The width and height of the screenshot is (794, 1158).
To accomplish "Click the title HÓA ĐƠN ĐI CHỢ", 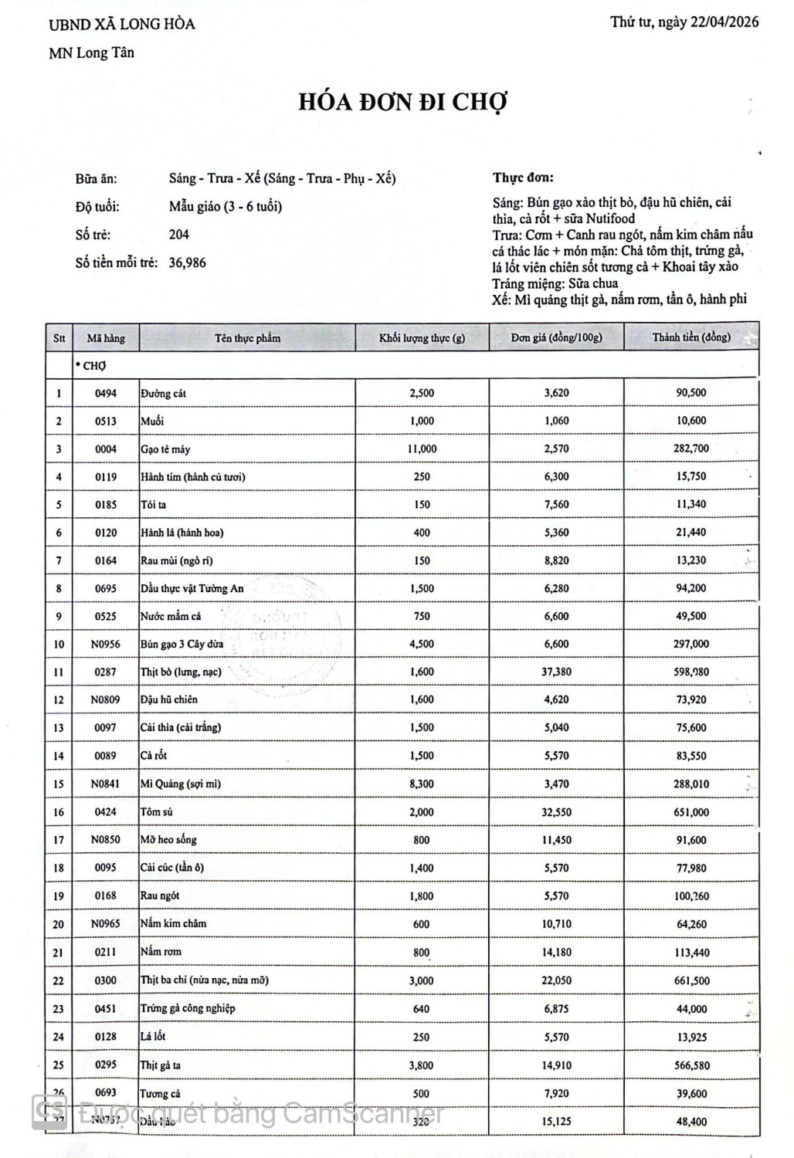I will click(x=403, y=102).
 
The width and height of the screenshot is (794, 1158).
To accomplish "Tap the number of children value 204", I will click(x=178, y=235).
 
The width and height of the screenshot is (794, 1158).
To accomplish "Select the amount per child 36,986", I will click(x=188, y=262).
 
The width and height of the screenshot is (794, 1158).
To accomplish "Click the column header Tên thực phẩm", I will click(x=247, y=338).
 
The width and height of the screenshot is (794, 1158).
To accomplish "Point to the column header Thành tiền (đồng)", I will click(x=691, y=337).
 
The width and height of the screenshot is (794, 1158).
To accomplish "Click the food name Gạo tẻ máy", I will click(x=165, y=449).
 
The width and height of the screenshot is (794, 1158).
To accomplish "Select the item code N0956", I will click(x=106, y=644).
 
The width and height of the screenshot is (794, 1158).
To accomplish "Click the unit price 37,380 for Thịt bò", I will click(x=556, y=672).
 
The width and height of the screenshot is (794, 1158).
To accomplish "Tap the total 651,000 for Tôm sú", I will click(x=691, y=812).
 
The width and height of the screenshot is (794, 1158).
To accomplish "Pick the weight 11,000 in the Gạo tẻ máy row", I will click(x=422, y=449).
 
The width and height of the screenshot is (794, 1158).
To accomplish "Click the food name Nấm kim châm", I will click(x=173, y=923).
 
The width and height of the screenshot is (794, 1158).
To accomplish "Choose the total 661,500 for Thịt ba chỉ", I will click(x=691, y=980).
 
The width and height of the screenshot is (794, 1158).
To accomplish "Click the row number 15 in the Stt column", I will click(x=59, y=784).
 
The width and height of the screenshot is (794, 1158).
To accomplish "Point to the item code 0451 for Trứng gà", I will click(x=106, y=1008).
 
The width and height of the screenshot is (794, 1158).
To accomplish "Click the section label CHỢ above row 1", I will click(x=92, y=366).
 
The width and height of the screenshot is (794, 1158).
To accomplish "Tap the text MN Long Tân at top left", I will click(x=91, y=53).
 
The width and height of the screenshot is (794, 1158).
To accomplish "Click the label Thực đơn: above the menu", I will click(x=523, y=178).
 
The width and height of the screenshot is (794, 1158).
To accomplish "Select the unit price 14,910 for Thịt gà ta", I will click(x=556, y=1065).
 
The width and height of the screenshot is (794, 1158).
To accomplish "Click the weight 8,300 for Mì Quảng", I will click(x=422, y=784).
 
